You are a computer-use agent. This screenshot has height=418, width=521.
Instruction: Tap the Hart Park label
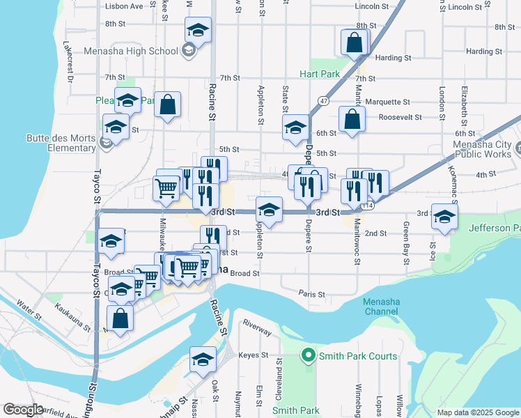coord(319,73)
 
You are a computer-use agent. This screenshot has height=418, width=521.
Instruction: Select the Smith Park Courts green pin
coord(308,356)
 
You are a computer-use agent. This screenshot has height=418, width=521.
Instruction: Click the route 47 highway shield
coord(323,100)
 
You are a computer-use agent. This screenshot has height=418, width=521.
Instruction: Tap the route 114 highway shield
coord(368,206)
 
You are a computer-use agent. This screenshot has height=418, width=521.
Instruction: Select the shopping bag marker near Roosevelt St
coord(352,118)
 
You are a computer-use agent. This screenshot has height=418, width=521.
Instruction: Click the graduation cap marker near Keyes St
coord(203,359)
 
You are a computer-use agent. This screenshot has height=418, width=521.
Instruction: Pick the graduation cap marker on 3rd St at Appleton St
coord(268,209)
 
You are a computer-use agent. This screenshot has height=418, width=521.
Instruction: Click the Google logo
coord(23,410)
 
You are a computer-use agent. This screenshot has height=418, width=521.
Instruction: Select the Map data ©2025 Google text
coord(478,412)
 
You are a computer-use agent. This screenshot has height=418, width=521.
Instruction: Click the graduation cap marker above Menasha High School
coord(198,31)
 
